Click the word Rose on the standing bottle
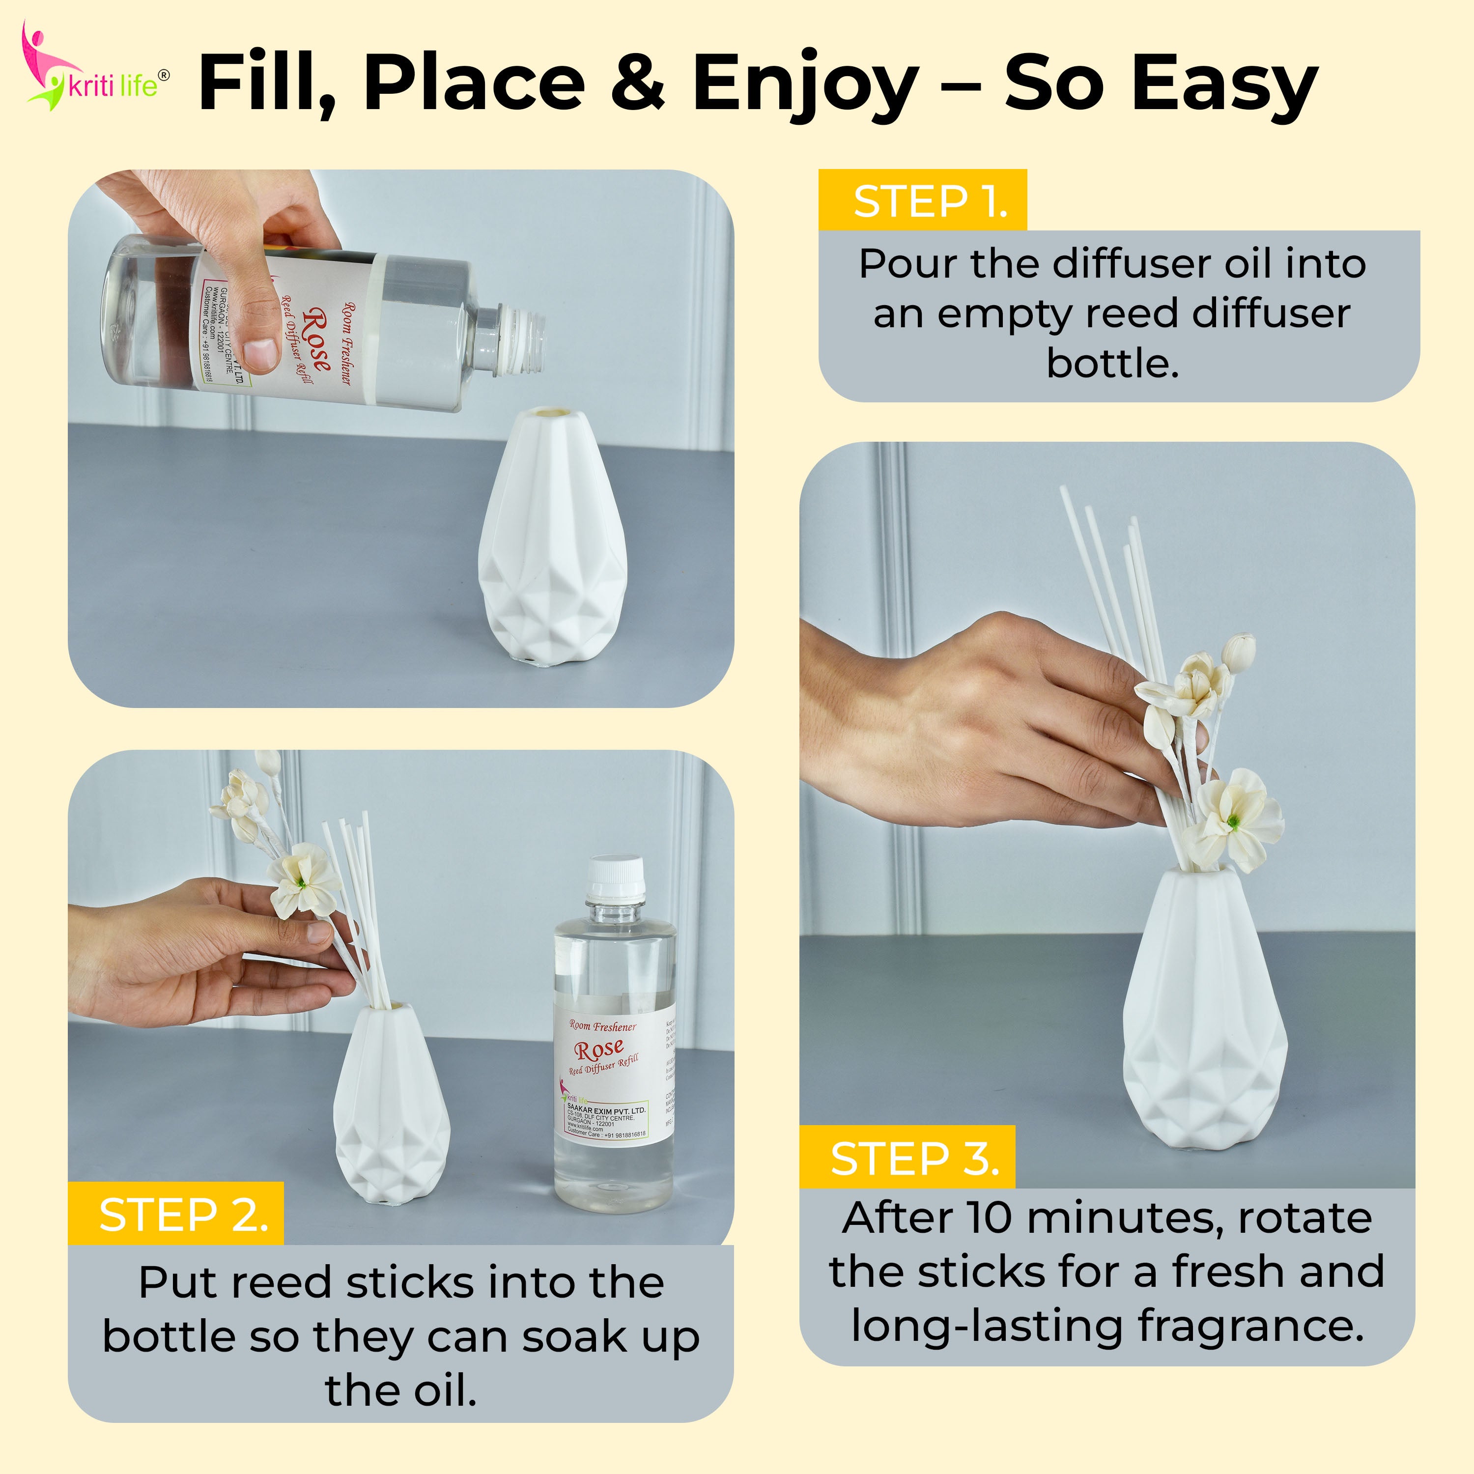tap(599, 1050)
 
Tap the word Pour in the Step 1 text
tap(908, 264)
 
